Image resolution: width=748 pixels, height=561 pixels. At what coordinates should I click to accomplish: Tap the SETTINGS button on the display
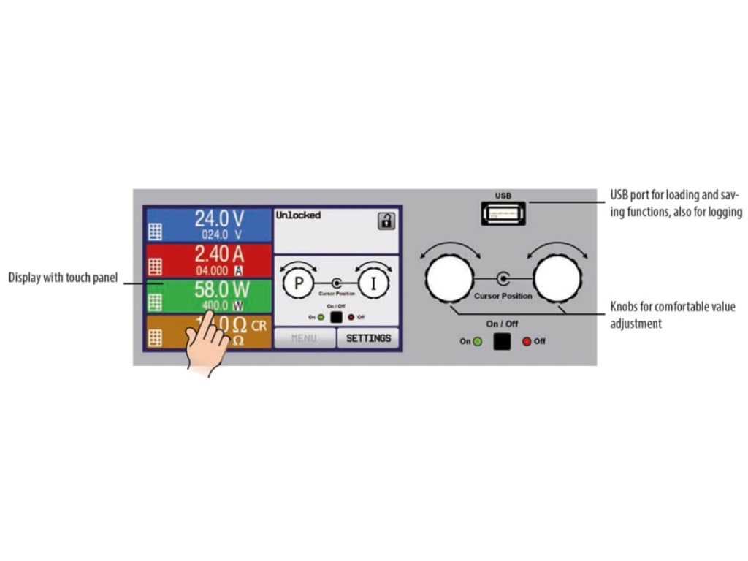click(368, 338)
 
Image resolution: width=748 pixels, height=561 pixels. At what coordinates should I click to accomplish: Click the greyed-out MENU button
click(305, 338)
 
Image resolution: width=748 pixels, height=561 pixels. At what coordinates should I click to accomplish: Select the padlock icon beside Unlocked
click(386, 221)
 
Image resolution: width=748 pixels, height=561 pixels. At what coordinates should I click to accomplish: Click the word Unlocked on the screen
click(298, 215)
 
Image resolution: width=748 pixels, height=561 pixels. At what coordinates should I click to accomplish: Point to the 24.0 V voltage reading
click(219, 218)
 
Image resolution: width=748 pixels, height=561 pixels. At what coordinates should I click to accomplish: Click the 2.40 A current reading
click(219, 253)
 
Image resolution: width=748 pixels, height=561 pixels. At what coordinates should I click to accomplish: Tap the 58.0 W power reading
click(219, 289)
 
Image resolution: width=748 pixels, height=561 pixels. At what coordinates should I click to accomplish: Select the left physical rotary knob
click(449, 278)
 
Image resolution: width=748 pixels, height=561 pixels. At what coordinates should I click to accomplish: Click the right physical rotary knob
click(557, 278)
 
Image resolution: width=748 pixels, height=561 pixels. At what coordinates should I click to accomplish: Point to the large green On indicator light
click(478, 341)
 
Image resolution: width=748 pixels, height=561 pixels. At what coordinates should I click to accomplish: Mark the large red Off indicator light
click(527, 341)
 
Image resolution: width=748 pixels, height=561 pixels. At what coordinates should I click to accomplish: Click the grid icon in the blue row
click(155, 232)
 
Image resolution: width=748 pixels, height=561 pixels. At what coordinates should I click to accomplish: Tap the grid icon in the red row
click(155, 267)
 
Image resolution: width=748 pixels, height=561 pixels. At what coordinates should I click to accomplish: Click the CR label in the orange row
click(259, 326)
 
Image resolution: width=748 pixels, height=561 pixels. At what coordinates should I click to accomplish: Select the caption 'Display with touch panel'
click(63, 278)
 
